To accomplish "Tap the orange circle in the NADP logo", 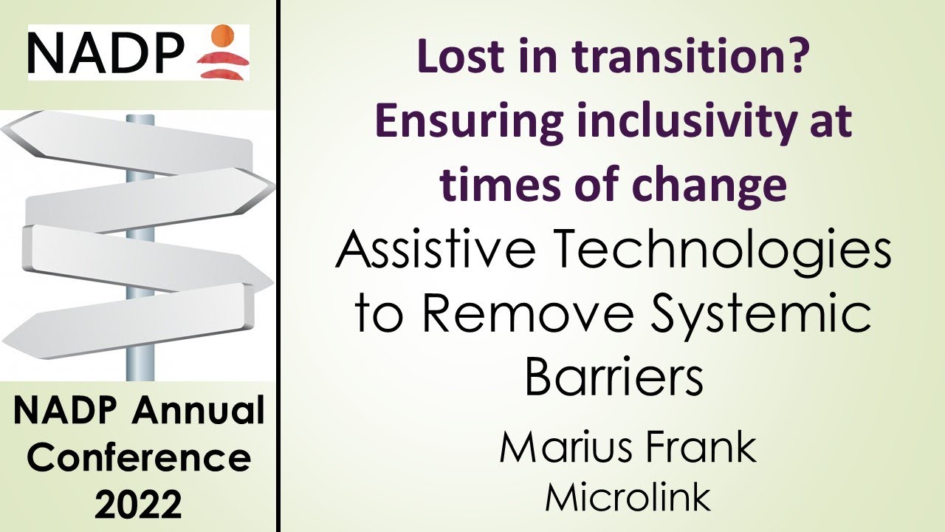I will point(222,35).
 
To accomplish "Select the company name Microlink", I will point(628,497).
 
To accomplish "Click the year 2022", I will point(139,505).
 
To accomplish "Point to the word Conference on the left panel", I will point(139,458).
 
